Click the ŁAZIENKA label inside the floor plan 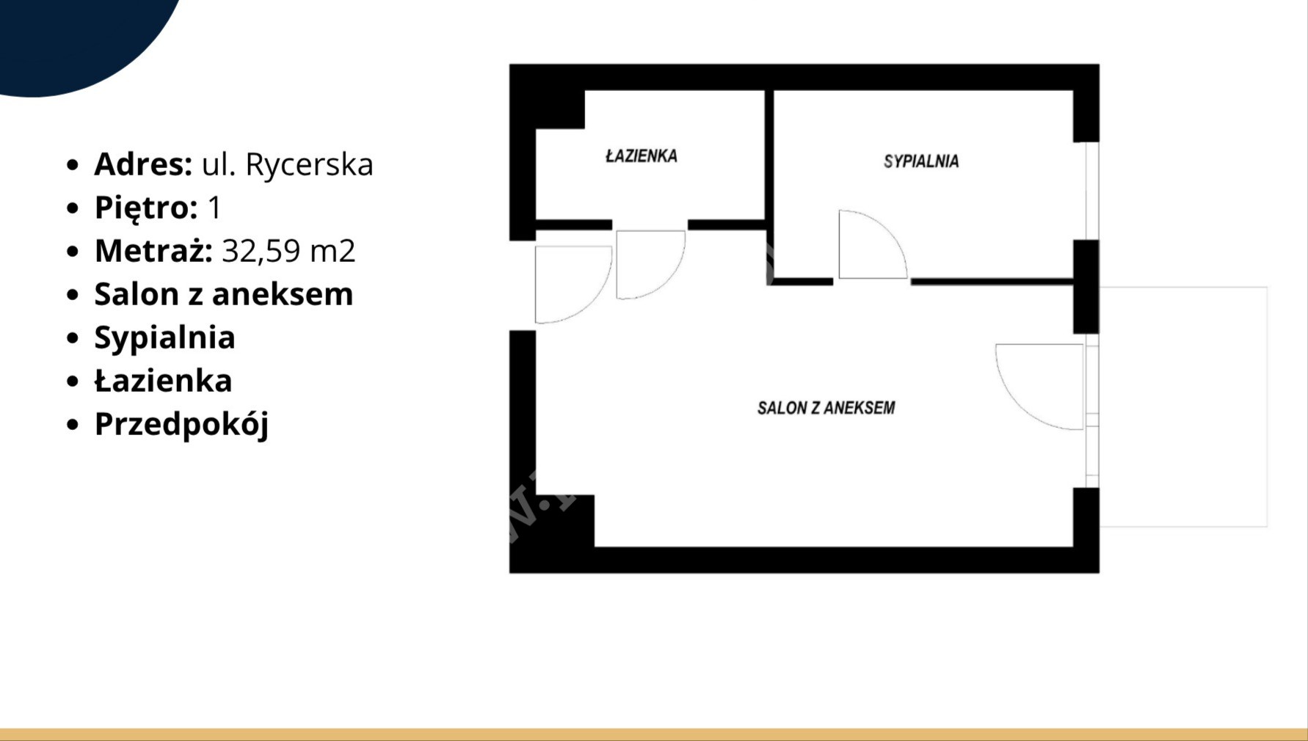point(642,156)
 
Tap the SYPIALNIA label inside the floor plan point(921,161)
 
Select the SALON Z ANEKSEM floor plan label point(826,408)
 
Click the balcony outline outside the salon point(1267,407)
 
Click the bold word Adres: point(143,164)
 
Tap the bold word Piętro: point(146,208)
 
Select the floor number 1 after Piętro point(214,208)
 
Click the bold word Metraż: point(153,251)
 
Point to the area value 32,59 point(261,252)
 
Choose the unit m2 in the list point(333,252)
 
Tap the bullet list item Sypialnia point(164,338)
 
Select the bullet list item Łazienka point(163,381)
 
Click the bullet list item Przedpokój point(181,425)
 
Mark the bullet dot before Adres point(72,164)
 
